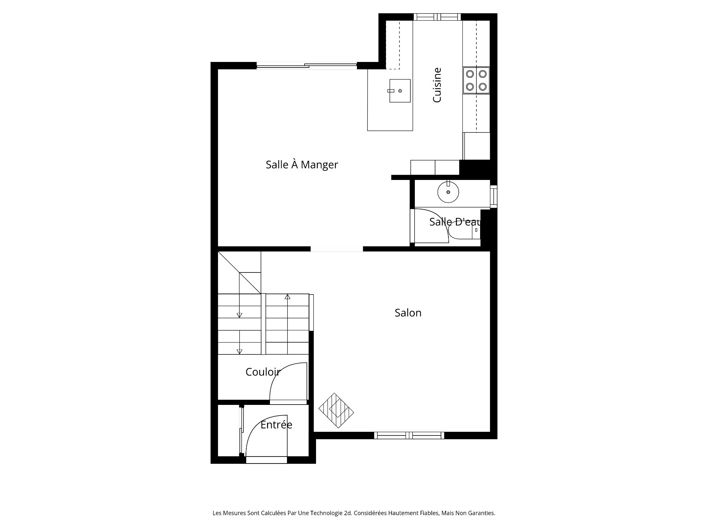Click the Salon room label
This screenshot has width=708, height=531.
(x=408, y=313)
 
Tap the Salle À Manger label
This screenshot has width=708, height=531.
(x=302, y=164)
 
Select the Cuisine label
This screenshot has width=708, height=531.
(x=437, y=85)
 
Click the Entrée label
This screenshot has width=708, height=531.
(x=276, y=424)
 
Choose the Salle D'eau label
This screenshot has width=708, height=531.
(x=455, y=222)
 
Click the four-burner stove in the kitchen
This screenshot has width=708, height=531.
(x=476, y=80)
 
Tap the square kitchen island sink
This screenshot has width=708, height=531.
(x=400, y=91)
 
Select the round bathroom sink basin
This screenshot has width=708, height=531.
(x=448, y=192)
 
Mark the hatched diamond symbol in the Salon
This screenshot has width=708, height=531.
(x=336, y=410)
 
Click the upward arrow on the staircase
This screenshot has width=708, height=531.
(x=288, y=296)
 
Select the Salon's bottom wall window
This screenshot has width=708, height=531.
(x=409, y=435)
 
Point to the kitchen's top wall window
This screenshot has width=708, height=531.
(x=437, y=17)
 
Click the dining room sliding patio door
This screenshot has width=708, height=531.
(x=307, y=66)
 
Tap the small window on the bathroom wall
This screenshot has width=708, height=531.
(x=493, y=195)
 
